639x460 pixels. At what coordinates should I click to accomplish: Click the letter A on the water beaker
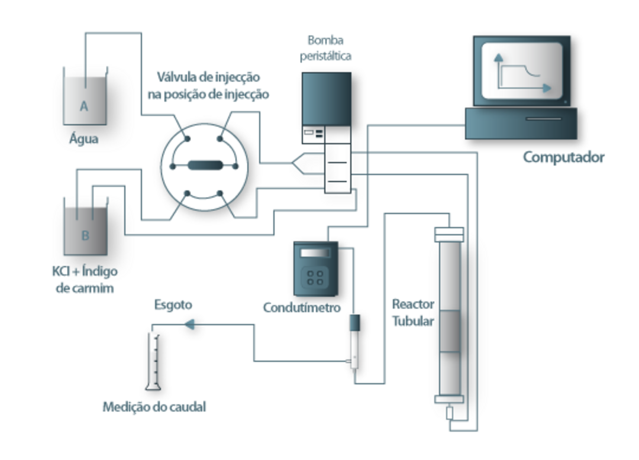(84, 106)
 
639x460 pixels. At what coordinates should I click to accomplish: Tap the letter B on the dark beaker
(85, 235)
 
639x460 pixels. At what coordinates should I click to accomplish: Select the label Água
(84, 139)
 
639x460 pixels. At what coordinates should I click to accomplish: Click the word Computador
(564, 157)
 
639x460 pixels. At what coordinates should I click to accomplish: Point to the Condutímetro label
(302, 307)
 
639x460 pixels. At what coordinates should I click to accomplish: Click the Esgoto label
(173, 304)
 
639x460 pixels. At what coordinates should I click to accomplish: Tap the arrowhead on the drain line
(189, 325)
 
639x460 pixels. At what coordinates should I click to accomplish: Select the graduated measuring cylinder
(153, 361)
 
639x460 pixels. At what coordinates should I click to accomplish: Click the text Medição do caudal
(154, 407)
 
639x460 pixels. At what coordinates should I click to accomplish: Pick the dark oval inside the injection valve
(205, 166)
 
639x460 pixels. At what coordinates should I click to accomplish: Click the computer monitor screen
(522, 71)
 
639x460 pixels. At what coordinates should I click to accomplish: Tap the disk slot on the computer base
(543, 119)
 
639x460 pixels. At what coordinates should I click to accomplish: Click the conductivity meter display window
(315, 253)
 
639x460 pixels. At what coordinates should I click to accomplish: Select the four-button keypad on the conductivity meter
(315, 278)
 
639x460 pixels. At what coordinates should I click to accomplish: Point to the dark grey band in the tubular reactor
(450, 331)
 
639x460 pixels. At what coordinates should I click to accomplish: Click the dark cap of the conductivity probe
(354, 322)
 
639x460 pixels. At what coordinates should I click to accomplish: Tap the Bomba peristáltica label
(325, 48)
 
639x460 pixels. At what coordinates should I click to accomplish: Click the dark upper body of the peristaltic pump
(327, 99)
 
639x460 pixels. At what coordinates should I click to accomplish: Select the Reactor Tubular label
(413, 313)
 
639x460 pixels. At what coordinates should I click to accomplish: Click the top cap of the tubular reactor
(449, 235)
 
